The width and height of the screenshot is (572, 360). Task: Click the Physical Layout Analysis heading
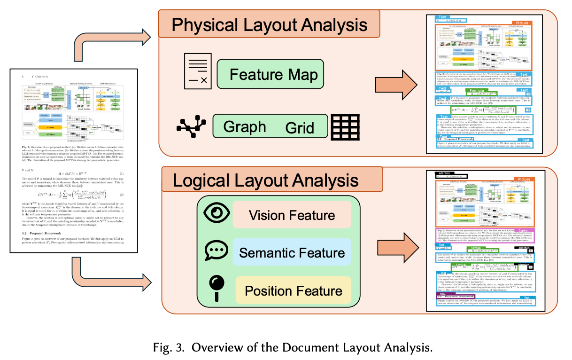tap(269, 24)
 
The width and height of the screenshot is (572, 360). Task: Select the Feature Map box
tap(273, 75)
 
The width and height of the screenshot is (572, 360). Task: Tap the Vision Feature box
tap(292, 215)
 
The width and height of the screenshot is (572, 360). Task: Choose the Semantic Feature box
tap(292, 253)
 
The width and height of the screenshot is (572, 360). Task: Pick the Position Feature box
tap(293, 290)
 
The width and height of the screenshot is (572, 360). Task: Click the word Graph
tap(244, 126)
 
